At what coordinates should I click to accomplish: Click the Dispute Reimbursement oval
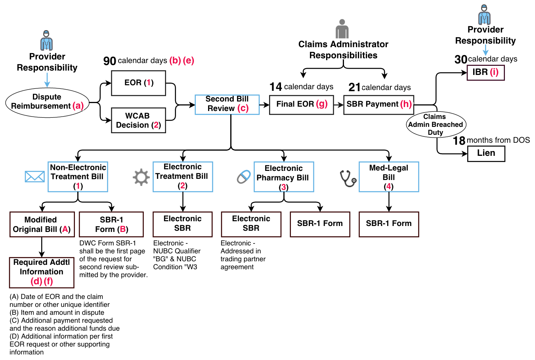click(47, 102)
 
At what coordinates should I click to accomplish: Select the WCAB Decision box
click(138, 120)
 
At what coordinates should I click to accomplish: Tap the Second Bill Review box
click(227, 104)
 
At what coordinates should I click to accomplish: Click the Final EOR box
click(301, 105)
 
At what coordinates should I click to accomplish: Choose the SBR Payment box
click(378, 105)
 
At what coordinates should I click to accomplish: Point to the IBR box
click(485, 73)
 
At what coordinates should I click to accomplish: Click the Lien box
click(486, 153)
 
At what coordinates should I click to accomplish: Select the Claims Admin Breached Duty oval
click(436, 124)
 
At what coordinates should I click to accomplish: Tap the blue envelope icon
click(34, 176)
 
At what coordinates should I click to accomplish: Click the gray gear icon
click(141, 177)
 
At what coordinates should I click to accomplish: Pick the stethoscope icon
click(348, 178)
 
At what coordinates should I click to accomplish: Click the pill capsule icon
click(244, 177)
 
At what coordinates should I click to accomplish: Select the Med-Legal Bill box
click(388, 177)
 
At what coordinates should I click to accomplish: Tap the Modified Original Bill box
click(42, 224)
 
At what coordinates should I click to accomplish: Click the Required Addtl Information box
click(42, 272)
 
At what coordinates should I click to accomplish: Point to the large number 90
click(109, 61)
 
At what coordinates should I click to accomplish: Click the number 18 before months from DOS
click(459, 141)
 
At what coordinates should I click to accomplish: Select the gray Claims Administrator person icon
click(342, 29)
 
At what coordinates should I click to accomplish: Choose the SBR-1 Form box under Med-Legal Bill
click(388, 224)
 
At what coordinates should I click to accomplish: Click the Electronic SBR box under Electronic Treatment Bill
click(182, 224)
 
